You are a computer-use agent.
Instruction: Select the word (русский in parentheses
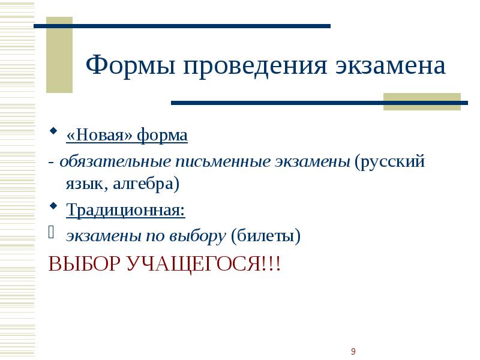(389, 162)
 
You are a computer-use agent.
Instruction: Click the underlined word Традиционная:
(125, 210)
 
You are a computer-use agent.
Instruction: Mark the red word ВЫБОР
(84, 263)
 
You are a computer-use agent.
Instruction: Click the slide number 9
(353, 351)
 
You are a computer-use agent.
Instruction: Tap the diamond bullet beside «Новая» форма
(53, 131)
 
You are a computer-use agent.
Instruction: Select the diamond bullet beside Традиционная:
(53, 206)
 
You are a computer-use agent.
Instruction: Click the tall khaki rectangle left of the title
(59, 55)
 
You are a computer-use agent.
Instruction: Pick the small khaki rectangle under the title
(421, 101)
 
